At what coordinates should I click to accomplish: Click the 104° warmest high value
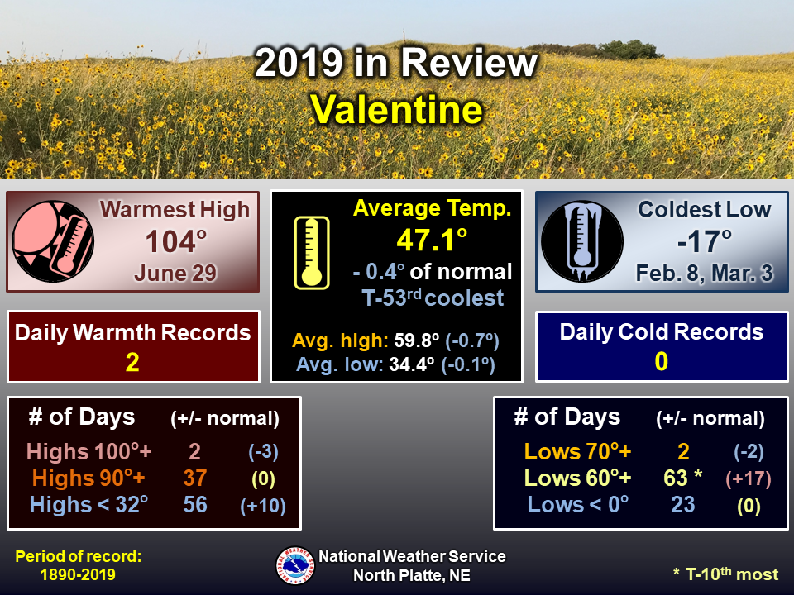[176, 241]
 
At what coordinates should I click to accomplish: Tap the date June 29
[175, 274]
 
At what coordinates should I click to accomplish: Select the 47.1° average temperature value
[432, 240]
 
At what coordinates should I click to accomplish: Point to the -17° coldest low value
[705, 241]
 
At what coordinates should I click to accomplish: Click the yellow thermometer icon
[312, 253]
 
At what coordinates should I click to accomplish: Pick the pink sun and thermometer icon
[53, 241]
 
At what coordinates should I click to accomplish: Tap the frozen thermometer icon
[582, 241]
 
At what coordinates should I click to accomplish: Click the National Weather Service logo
[295, 565]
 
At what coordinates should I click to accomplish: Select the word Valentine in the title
[396, 109]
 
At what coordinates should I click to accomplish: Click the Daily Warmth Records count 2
[132, 362]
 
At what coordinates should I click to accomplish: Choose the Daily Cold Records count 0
[662, 361]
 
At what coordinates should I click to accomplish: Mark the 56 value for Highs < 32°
[195, 504]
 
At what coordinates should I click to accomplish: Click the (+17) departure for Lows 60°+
[749, 478]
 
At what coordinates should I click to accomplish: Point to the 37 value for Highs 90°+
[195, 478]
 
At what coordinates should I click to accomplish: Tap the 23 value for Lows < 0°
[682, 504]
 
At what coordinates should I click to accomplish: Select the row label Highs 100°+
[88, 451]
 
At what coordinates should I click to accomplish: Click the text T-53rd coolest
[433, 298]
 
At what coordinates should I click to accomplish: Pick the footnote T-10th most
[725, 574]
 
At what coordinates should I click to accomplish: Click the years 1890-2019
[78, 575]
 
